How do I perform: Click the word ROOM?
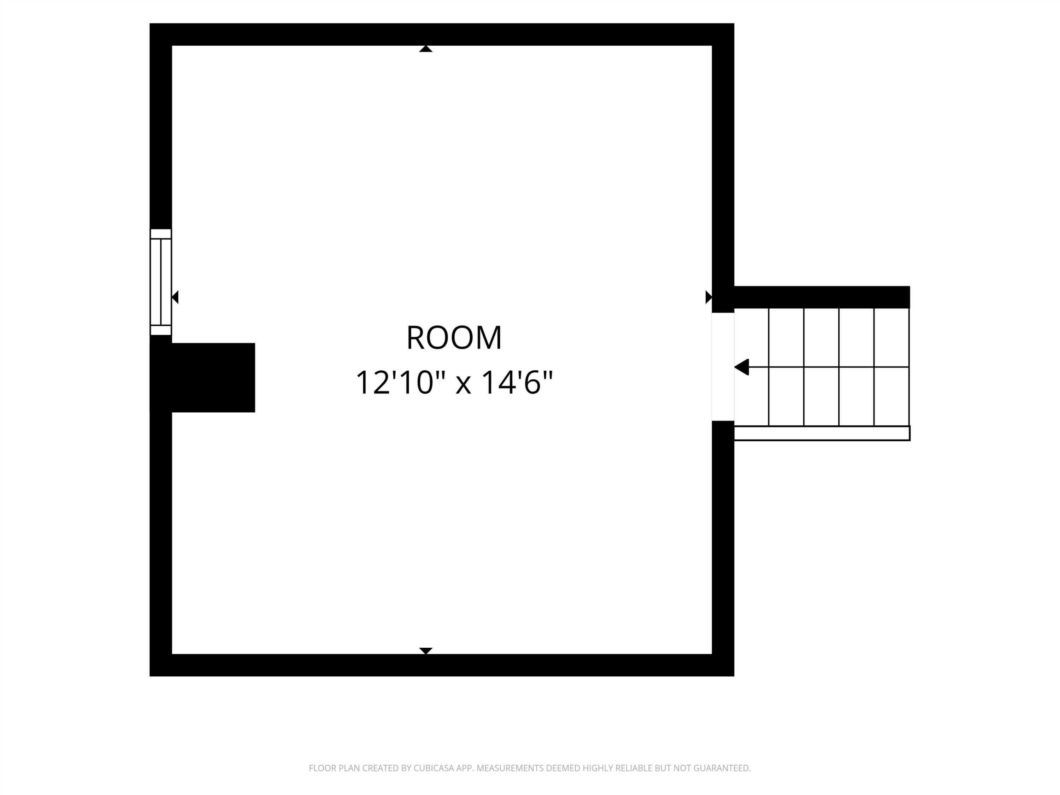(x=454, y=338)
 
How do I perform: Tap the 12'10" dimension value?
(x=401, y=382)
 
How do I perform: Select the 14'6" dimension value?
(x=517, y=382)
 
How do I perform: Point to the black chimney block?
(x=203, y=378)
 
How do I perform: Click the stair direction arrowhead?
(x=741, y=367)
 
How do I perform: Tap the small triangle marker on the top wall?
(x=425, y=49)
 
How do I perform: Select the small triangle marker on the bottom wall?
(x=425, y=651)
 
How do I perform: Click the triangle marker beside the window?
(x=175, y=297)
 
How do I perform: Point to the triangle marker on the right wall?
(x=709, y=297)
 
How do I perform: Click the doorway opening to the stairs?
(x=723, y=367)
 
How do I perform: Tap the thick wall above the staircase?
(x=822, y=297)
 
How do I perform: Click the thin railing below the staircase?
(x=822, y=433)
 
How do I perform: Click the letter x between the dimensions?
(x=463, y=385)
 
